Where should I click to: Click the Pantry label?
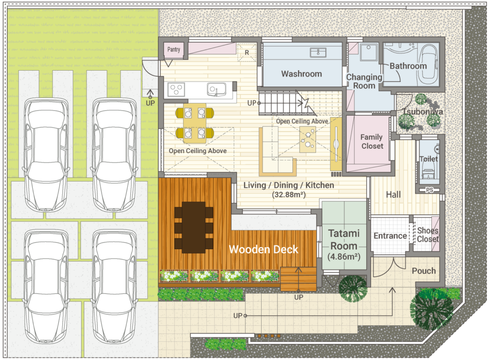(x=174, y=50)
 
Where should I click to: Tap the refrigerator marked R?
(x=247, y=52)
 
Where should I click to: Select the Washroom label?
(x=301, y=74)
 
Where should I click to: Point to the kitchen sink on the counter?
(x=216, y=89)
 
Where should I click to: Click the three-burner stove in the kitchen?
(x=176, y=89)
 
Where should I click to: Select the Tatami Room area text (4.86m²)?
(x=344, y=257)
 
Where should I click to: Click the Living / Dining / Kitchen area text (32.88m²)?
(x=289, y=195)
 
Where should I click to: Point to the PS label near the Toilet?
(x=430, y=190)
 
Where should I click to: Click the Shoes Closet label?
(x=428, y=235)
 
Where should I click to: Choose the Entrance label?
(x=391, y=235)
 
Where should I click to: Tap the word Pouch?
(x=424, y=271)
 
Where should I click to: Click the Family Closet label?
(x=372, y=141)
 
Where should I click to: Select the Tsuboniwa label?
(x=422, y=112)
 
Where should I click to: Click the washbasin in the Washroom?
(x=318, y=52)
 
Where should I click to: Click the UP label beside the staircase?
(x=251, y=103)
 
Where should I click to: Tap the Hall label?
(x=393, y=195)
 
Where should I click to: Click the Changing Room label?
(x=364, y=81)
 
